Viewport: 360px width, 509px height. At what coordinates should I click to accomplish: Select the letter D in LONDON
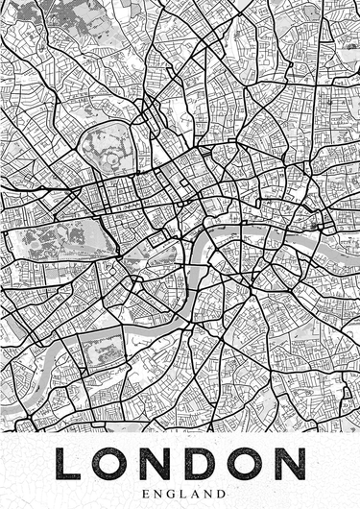pos(203,463)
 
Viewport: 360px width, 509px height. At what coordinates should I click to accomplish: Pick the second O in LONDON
pos(248,463)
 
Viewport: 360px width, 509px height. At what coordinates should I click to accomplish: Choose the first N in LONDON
pos(157,463)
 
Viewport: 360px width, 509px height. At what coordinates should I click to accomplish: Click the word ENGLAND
pos(180,491)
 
